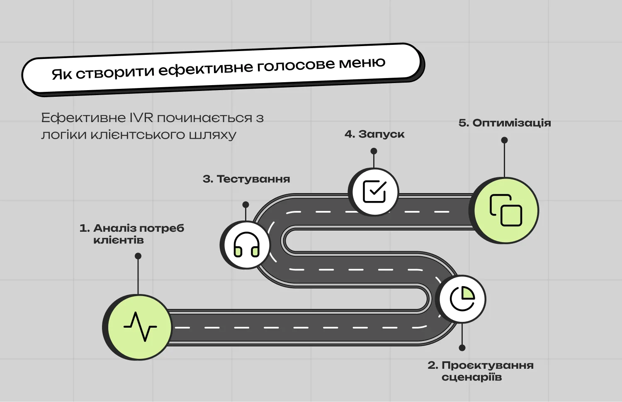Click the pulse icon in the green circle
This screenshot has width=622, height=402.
pos(140,326)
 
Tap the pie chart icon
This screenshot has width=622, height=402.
pos(462,299)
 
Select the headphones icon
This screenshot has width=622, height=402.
pos(246,245)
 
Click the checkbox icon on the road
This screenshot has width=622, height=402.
pos(374,191)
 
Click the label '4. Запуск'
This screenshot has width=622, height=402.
pos(374,134)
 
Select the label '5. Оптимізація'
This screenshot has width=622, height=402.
pos(505,123)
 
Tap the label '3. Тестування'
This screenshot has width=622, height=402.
pos(246,179)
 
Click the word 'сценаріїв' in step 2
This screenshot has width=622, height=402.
pos(471,377)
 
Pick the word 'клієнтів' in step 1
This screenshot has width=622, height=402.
pos(119,240)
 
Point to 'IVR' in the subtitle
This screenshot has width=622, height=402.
pos(141,118)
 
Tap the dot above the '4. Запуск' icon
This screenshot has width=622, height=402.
pos(374,151)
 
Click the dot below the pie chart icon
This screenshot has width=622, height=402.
pos(462,348)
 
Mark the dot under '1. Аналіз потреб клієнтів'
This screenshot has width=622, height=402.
pos(138,256)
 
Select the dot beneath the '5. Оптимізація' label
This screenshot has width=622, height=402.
pos(504,140)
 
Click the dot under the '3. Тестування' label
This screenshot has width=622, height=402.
pos(245,204)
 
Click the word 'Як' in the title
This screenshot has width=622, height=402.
pos(62,74)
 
